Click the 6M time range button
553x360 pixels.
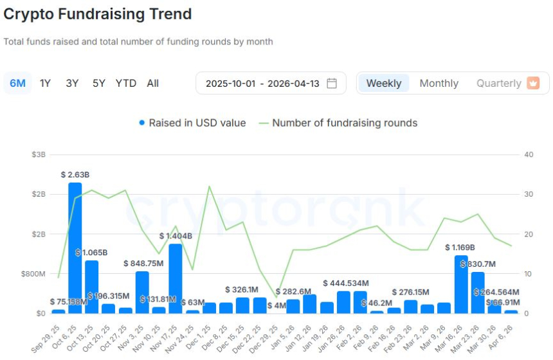coord(17,83)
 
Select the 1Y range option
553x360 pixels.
coord(45,83)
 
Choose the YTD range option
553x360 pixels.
coord(125,83)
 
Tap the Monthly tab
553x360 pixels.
coord(439,83)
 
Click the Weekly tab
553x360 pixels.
coord(383,83)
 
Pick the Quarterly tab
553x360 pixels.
coord(499,83)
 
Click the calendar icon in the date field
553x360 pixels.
coord(332,83)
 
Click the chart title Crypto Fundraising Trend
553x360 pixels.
coord(98,14)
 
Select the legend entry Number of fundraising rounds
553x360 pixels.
coord(345,123)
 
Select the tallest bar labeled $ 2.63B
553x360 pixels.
coord(75,248)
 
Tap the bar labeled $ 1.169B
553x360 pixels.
coord(461,284)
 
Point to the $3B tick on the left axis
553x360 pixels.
coord(39,154)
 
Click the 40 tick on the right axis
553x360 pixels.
coord(529,154)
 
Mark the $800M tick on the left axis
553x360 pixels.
coord(33,274)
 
